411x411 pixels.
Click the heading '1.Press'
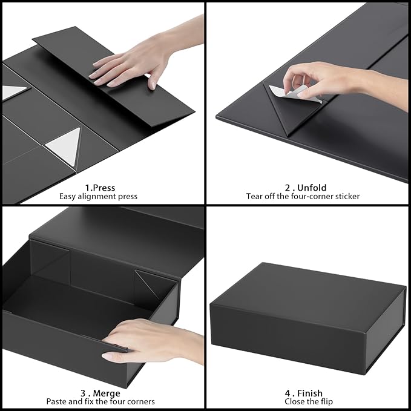(x=100, y=188)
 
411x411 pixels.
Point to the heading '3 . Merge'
(x=100, y=393)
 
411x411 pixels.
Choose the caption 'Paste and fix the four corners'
(x=100, y=402)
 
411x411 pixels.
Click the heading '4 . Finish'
(x=303, y=393)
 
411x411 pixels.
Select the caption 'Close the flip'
(x=303, y=402)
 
